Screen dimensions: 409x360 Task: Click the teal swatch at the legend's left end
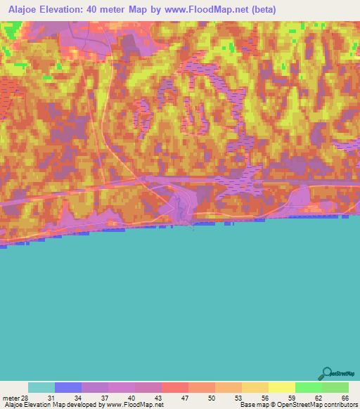click(41, 387)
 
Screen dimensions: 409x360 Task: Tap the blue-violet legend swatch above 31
click(68, 387)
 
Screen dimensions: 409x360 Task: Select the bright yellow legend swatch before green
click(282, 387)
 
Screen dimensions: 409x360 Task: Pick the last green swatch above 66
click(335, 387)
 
